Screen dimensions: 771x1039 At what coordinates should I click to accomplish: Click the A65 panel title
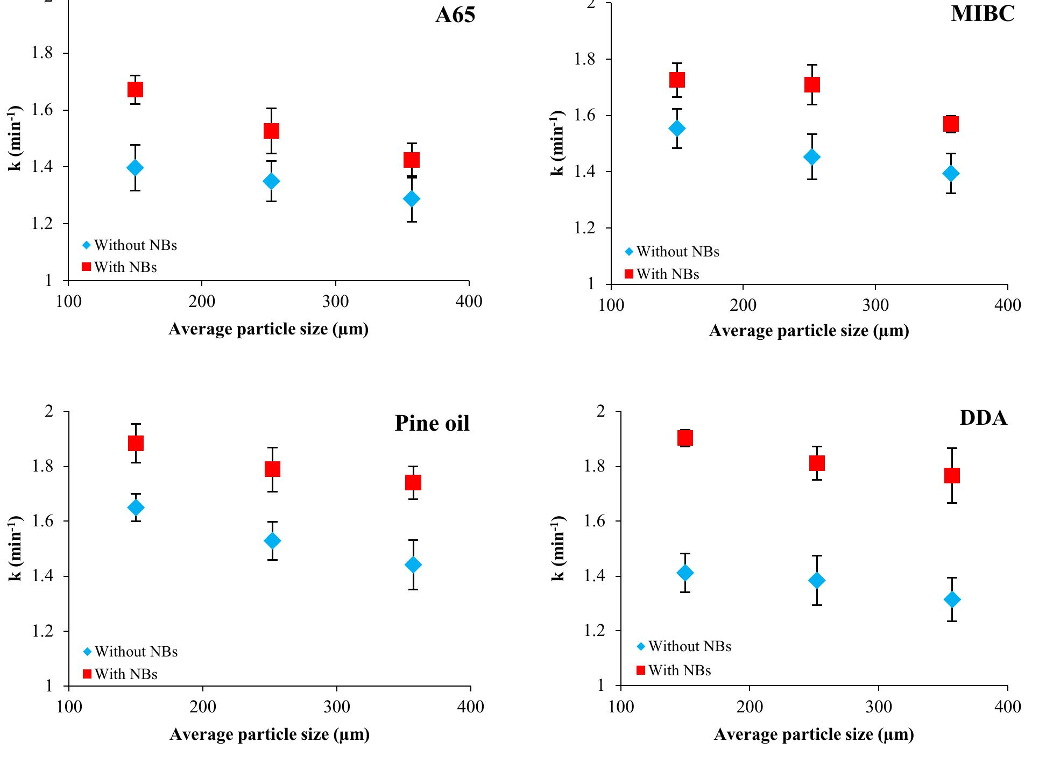coord(455,15)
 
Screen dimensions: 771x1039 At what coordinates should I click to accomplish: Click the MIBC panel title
coord(983,13)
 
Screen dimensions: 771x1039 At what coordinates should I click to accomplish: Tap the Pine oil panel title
coord(432,423)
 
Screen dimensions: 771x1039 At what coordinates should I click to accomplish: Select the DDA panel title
coord(983,418)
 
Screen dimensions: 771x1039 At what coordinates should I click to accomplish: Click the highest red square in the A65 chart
coord(135,89)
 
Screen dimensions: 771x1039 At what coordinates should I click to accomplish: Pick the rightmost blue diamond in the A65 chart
coord(412,199)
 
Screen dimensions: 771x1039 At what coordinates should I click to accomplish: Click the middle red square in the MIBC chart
coord(812,84)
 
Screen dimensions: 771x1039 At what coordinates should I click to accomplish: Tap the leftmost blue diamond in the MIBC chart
coord(677,128)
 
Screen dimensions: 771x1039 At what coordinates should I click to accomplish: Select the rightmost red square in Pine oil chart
coord(413,482)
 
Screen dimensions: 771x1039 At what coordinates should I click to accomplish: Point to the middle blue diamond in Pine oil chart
coord(273,540)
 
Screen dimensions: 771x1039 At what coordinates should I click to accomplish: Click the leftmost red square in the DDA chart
coord(685,438)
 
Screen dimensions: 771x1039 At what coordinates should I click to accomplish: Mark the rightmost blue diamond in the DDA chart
coord(952,599)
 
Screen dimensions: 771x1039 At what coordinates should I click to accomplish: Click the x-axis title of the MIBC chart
coord(809,331)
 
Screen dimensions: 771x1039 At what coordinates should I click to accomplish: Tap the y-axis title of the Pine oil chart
coord(16,548)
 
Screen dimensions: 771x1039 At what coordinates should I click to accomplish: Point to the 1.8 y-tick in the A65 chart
coord(41,53)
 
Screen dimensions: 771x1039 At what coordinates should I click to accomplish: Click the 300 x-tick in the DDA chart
coord(879,706)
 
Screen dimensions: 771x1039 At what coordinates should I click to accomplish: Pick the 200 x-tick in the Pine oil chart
coord(203,706)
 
